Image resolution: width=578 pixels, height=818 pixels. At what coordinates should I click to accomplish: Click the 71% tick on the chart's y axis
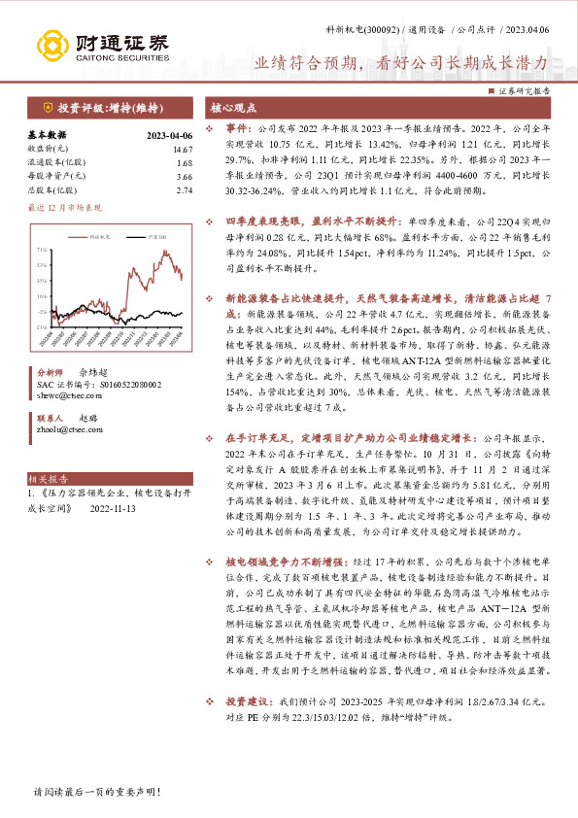point(42,249)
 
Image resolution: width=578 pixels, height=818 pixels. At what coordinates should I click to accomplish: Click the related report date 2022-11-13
point(115,507)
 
